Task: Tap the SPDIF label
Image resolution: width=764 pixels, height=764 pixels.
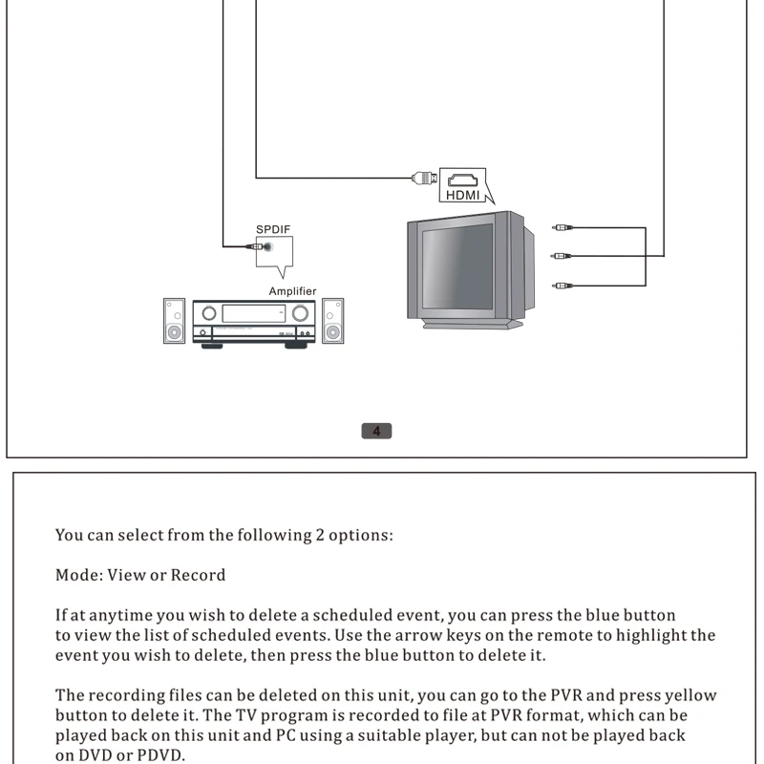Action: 272,229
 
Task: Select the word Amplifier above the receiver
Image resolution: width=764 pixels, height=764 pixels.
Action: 292,291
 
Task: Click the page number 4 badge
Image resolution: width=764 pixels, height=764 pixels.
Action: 376,431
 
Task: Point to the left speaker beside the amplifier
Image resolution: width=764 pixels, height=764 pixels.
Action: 174,321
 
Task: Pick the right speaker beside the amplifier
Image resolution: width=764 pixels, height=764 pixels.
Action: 332,321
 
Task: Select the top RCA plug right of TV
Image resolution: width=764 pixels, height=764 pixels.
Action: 562,228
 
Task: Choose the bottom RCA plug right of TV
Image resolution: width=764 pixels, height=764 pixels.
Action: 562,285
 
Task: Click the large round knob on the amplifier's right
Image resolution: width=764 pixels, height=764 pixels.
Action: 302,312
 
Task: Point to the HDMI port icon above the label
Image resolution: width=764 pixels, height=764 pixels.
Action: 463,179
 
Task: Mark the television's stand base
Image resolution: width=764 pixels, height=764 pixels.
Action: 473,325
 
